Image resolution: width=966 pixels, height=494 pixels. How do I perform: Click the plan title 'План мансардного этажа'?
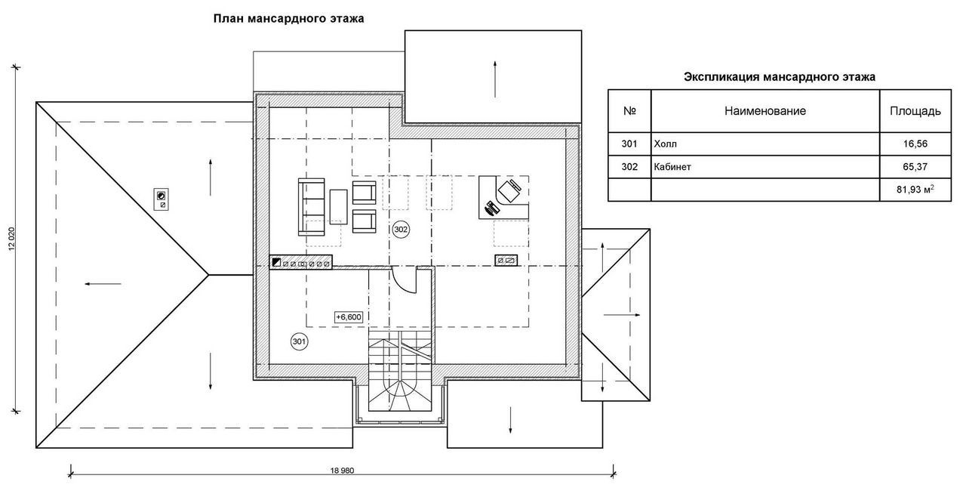[288, 19]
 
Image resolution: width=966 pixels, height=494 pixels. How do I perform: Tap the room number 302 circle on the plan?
[401, 230]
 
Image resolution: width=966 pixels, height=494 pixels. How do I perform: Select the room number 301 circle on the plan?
[300, 341]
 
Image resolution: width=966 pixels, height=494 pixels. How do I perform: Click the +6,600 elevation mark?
[349, 317]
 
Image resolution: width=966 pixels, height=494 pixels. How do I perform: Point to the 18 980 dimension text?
[342, 471]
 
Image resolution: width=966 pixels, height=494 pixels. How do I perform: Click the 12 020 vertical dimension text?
[11, 239]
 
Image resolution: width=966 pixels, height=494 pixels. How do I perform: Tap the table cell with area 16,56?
[915, 144]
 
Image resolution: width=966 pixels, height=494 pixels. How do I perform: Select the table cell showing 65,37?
[915, 167]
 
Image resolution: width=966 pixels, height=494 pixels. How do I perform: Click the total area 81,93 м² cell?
[915, 190]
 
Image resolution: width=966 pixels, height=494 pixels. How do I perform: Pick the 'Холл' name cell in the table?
[765, 144]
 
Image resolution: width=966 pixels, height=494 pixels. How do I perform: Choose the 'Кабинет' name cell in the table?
[765, 167]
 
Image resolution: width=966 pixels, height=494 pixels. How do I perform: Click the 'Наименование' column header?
[765, 111]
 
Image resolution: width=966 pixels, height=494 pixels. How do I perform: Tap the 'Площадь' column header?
[915, 111]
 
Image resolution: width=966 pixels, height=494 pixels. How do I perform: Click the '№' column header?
[629, 111]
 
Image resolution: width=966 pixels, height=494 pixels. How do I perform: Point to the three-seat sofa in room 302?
[312, 207]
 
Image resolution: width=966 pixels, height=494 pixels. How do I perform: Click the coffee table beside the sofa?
[339, 207]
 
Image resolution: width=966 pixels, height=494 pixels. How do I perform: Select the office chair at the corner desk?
[509, 190]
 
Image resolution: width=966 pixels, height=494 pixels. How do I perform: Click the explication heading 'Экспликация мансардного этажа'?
[780, 77]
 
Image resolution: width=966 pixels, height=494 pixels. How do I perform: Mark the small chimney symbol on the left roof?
[162, 199]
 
